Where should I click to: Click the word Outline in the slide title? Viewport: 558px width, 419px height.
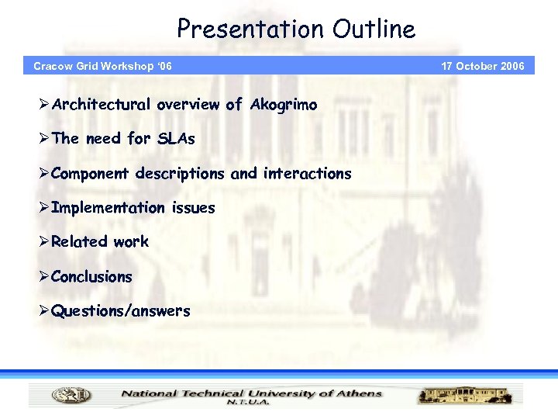[374, 29]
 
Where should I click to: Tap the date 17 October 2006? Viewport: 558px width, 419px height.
[483, 66]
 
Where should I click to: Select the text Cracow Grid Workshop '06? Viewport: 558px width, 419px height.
[102, 66]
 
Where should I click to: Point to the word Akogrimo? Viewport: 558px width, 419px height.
[284, 105]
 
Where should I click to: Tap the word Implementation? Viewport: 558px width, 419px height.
[108, 208]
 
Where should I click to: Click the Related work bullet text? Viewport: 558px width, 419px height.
[100, 242]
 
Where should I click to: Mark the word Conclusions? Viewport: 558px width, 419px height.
[91, 277]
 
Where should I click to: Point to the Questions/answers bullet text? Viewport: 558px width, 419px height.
[120, 312]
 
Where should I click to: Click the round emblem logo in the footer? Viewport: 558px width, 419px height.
[71, 396]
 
